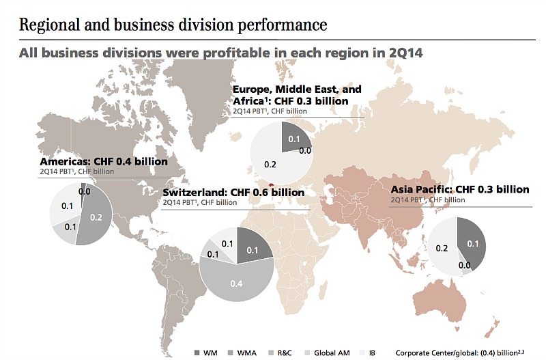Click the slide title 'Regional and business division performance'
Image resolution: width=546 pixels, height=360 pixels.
pos(173,25)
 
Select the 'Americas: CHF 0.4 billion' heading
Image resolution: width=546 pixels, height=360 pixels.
pos(103,162)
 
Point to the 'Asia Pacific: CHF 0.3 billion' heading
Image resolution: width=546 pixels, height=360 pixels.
pos(459,189)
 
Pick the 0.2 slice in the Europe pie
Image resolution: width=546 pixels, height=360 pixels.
pos(270,164)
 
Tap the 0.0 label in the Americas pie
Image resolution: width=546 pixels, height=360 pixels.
pos(85,192)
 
